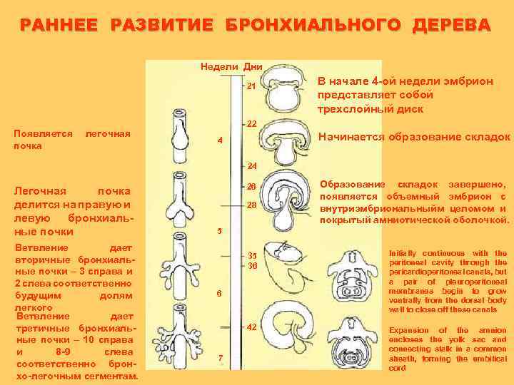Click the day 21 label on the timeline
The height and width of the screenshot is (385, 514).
coord(251,87)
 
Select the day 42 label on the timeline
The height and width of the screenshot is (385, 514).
coord(251,327)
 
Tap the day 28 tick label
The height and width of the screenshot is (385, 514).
coord(251,205)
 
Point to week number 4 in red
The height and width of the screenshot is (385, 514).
coord(220,140)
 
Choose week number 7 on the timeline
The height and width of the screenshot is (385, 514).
coord(220,357)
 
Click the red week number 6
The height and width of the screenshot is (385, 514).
coord(220,294)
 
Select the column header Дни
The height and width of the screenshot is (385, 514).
coord(253,66)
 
